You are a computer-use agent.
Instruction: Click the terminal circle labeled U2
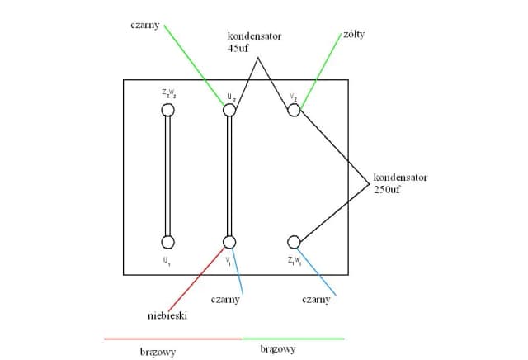coord(229,109)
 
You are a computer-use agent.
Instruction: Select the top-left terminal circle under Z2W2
coord(167,109)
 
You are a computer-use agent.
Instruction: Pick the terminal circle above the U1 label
coord(167,242)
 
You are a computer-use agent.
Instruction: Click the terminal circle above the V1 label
coord(229,241)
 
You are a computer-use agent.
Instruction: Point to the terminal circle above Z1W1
coord(294,242)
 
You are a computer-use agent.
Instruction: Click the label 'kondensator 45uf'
coord(254,43)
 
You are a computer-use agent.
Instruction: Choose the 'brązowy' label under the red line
coord(158,352)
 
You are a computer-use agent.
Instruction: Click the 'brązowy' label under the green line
coord(277,349)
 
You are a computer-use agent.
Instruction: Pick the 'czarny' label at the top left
coord(146,25)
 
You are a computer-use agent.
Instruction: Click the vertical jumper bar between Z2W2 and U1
coord(167,175)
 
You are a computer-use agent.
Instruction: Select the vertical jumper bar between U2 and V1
coord(229,175)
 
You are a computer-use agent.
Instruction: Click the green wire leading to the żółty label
coord(321,70)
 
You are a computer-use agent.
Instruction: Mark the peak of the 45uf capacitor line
coord(258,58)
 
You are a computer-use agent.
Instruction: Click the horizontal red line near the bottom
coord(173,339)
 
